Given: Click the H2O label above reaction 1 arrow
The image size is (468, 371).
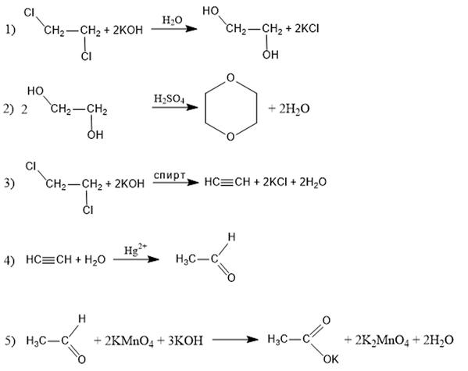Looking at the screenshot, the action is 172,20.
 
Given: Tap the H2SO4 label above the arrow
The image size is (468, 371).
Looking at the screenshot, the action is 169,99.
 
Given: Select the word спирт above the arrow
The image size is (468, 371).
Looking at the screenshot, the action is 170,175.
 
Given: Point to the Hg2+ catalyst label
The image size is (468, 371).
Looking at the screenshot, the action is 135,249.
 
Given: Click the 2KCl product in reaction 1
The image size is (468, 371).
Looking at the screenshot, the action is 307,29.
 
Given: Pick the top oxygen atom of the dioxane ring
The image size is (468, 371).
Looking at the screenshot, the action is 230,77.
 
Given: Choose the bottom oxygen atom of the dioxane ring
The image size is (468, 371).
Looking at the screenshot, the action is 230,137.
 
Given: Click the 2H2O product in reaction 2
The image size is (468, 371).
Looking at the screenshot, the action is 294,109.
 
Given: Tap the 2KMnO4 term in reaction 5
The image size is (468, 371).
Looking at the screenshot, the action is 129,341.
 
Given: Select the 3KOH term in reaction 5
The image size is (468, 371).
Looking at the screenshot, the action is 185,341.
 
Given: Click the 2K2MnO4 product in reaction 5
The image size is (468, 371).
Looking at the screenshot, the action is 382,341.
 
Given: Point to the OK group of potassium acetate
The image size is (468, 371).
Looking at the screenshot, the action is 330,359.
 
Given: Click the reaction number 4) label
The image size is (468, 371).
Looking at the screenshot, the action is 9,261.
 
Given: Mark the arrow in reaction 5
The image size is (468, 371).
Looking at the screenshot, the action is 235,340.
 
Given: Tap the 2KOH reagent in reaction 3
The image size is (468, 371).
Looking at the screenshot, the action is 129,184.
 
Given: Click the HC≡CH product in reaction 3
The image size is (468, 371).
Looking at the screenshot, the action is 227,182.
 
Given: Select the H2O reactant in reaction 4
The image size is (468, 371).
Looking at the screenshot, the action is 95,259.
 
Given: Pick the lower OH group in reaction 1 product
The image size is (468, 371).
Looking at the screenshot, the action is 270,55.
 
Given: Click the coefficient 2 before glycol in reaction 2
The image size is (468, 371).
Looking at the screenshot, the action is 24,110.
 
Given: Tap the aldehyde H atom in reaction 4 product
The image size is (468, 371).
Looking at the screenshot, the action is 231,237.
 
